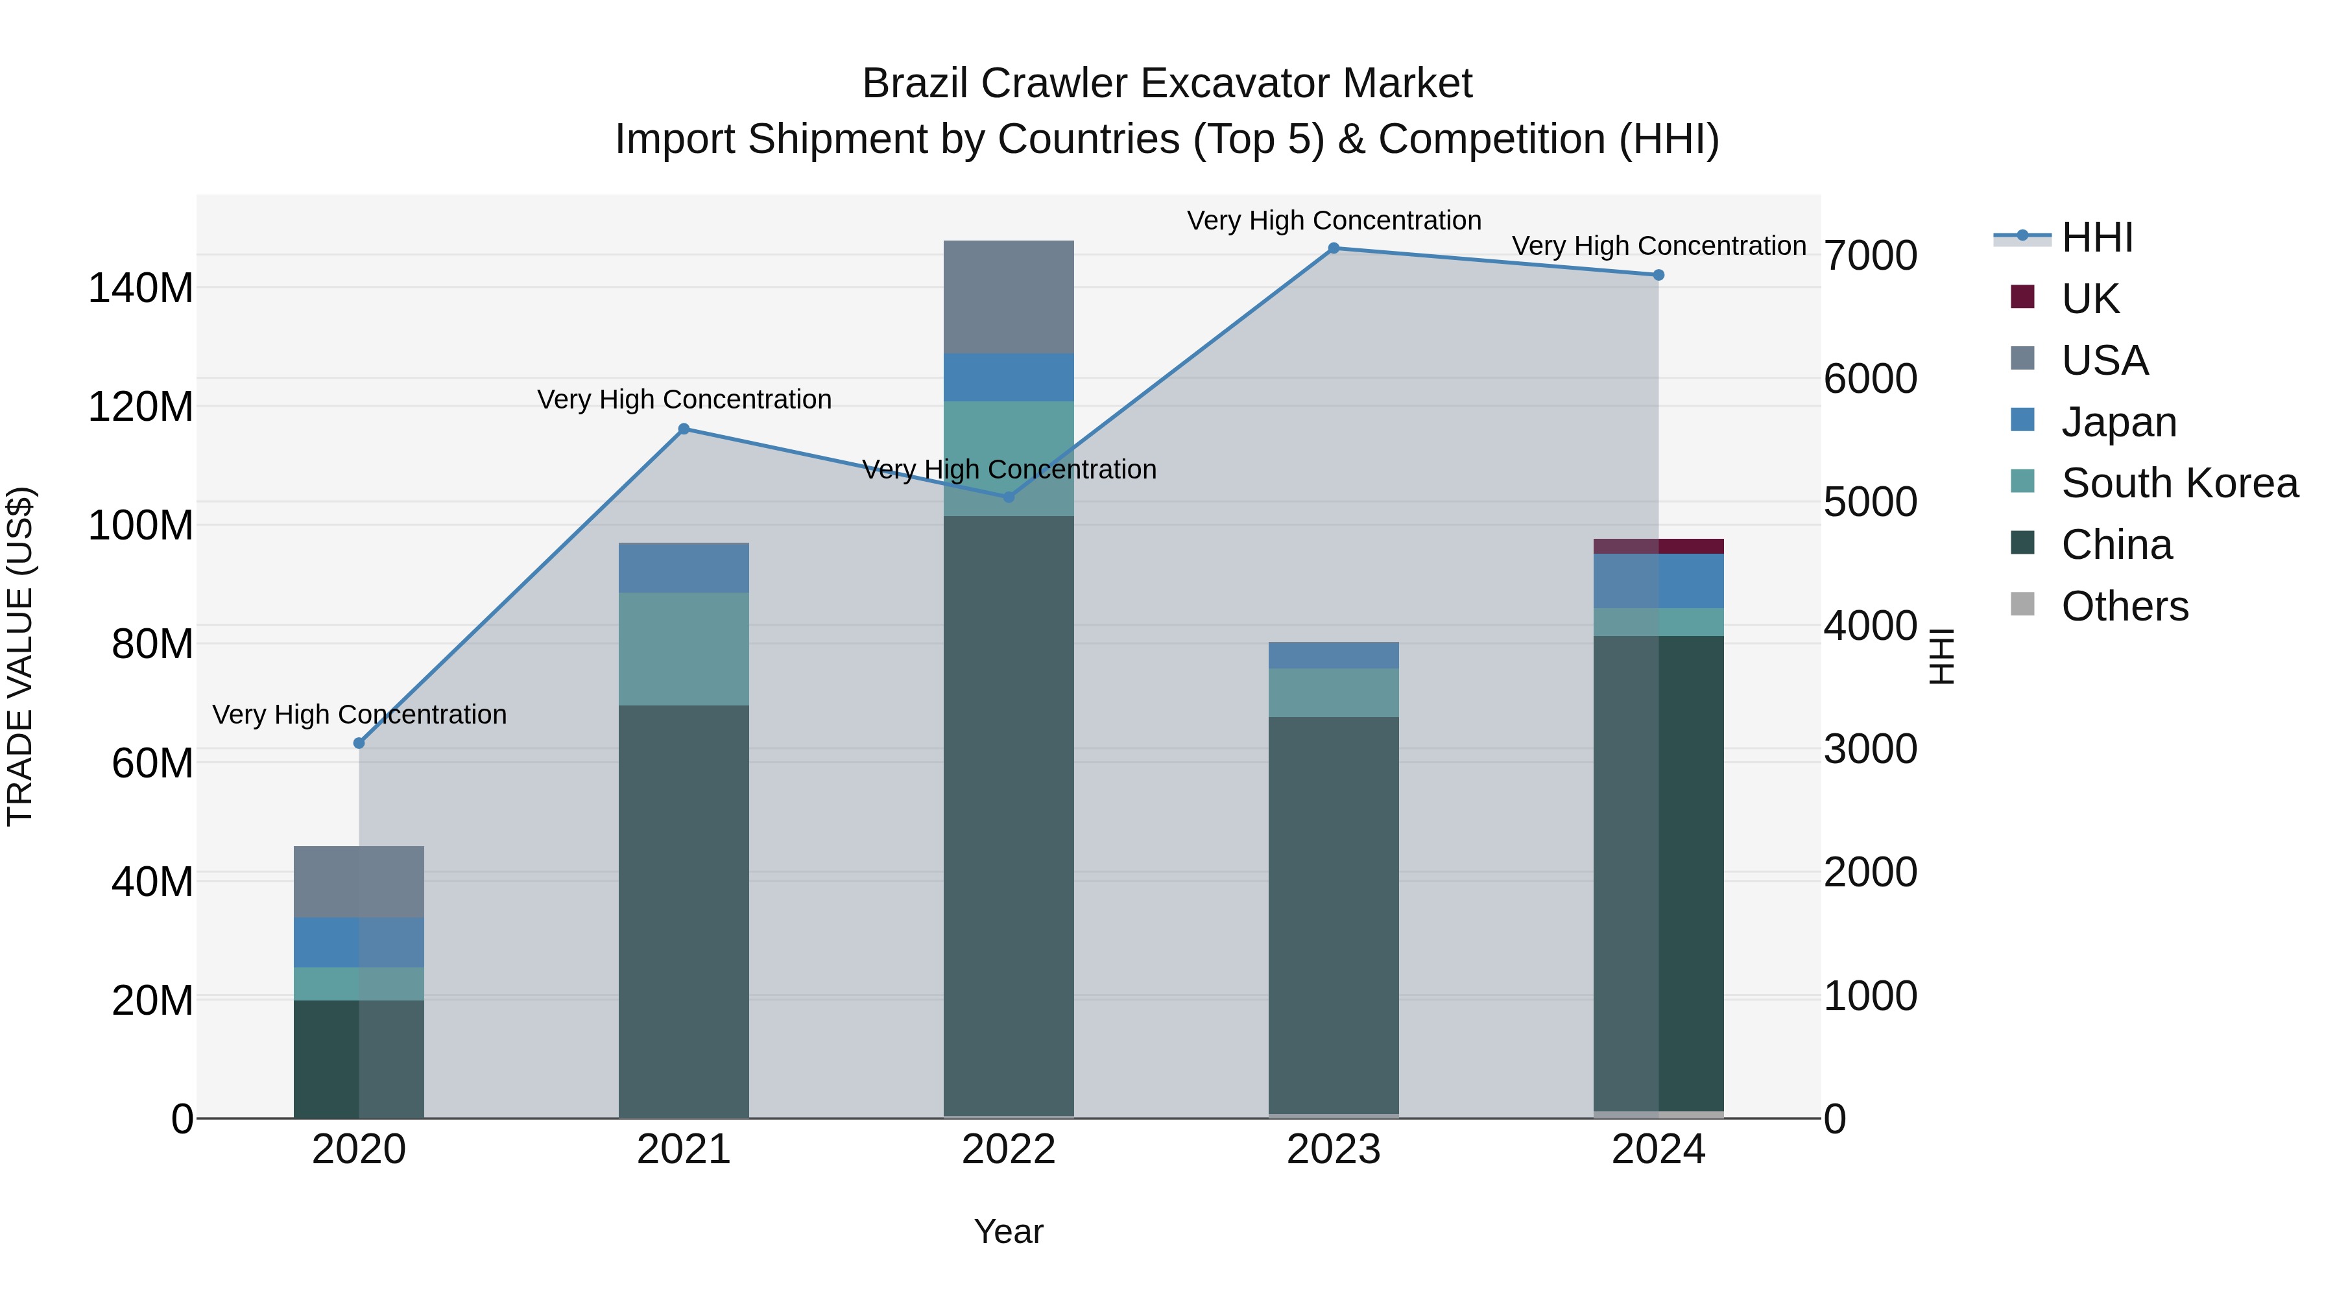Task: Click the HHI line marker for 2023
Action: coord(1334,248)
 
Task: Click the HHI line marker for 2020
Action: coord(359,743)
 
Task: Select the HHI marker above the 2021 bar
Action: coord(684,429)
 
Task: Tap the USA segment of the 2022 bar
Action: coord(1008,297)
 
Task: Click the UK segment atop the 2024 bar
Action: coord(1658,547)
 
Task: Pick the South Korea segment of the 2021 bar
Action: coord(684,649)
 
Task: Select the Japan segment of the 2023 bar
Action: coord(1334,655)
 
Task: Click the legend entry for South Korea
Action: coord(2179,483)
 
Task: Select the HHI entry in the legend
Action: coord(2096,237)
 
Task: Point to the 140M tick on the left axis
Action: coord(141,288)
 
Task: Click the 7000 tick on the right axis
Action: coord(1870,255)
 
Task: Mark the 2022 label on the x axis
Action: coord(1008,1150)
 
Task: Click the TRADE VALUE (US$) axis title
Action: coord(20,656)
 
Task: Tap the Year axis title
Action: coord(1008,1231)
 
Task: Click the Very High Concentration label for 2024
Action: coord(1658,246)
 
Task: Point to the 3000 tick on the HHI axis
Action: coord(1870,750)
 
